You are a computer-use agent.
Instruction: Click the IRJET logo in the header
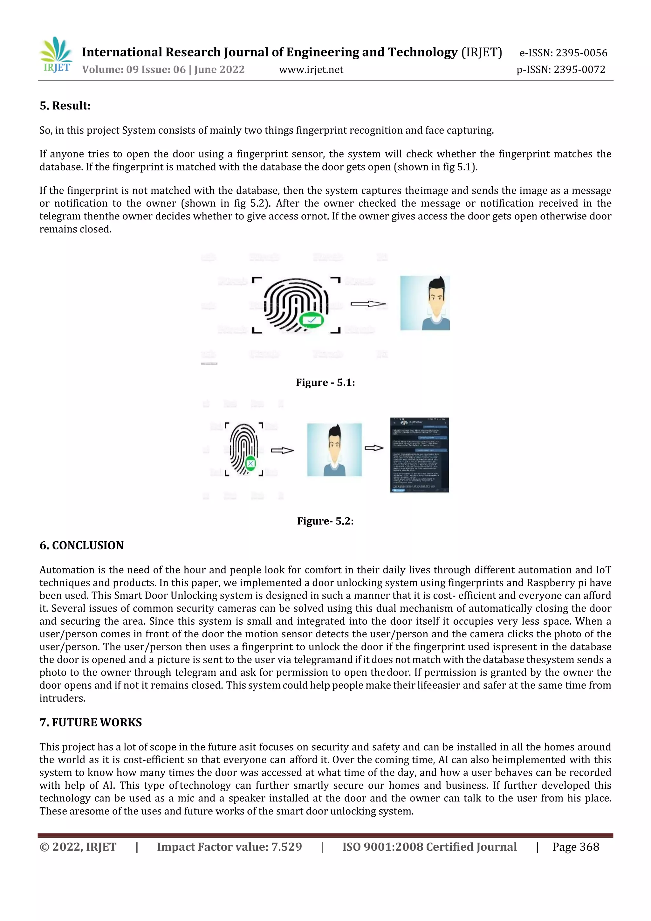click(x=56, y=55)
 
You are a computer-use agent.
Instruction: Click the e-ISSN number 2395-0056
click(x=563, y=52)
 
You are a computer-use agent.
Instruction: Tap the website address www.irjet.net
click(x=311, y=70)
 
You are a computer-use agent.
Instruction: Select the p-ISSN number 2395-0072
click(x=561, y=70)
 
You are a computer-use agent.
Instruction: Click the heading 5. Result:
click(x=65, y=106)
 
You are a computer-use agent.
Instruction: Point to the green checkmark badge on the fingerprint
click(x=312, y=320)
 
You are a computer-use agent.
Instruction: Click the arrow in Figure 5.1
click(x=368, y=304)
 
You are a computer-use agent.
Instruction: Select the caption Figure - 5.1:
click(x=325, y=382)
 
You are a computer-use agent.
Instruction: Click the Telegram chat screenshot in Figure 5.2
click(x=419, y=455)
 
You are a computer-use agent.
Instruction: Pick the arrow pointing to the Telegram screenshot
click(x=374, y=448)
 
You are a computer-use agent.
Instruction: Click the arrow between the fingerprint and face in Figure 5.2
click(x=282, y=450)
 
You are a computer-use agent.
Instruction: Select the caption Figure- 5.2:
click(x=325, y=521)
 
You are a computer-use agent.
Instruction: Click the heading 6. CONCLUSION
click(x=81, y=545)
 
